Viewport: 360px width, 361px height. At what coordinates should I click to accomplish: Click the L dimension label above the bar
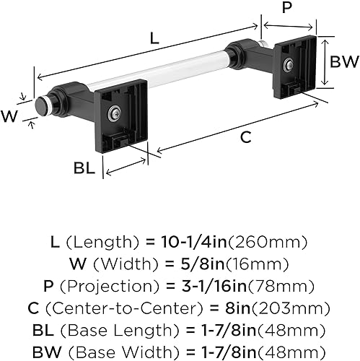coord(154,40)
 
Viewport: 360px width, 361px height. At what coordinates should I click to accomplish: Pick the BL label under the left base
coord(84,168)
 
